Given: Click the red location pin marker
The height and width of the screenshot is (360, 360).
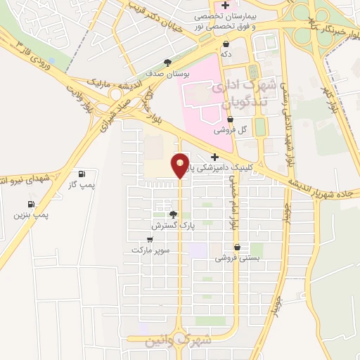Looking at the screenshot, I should click(x=180, y=165).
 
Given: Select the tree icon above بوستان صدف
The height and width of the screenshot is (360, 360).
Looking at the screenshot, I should click(x=167, y=63).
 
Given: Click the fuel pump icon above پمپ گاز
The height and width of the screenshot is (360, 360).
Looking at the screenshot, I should click(x=82, y=174).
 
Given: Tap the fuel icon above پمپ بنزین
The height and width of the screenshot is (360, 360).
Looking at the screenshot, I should click(x=32, y=203).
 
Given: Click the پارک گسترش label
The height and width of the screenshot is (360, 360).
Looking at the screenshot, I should click(x=172, y=226).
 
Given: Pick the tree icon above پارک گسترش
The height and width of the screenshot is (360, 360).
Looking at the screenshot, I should click(x=173, y=214).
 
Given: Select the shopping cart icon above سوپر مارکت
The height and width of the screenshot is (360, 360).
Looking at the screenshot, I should click(x=150, y=240).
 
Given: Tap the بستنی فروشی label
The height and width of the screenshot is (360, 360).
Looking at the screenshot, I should click(x=237, y=258).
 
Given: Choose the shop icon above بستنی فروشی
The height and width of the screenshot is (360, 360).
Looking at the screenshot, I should click(x=238, y=247).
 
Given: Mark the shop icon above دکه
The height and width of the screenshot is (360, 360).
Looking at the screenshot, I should click(x=226, y=44).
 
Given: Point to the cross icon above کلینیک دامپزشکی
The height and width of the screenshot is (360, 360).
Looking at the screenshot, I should click(x=214, y=157).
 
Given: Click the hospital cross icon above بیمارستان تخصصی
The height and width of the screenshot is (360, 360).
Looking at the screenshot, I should click(x=224, y=6).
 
